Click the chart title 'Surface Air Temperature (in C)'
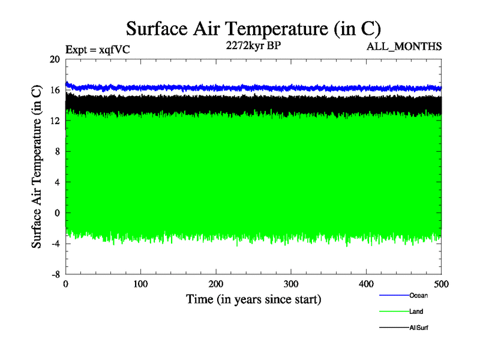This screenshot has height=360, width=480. tap(254, 28)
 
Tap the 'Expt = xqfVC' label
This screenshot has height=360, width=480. tap(98, 50)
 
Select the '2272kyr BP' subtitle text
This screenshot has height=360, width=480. tap(253, 46)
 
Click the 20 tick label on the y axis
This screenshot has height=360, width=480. tap(55, 59)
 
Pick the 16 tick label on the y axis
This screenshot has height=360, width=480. tap(55, 90)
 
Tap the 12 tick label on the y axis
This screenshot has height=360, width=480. tap(55, 121)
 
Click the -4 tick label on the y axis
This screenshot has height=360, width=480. tap(55, 243)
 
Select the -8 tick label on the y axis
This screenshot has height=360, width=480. tap(55, 274)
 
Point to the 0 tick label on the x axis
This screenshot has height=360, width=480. tap(66, 283)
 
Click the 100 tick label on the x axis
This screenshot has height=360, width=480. tap(141, 283)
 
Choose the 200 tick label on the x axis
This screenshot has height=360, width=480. tap(216, 283)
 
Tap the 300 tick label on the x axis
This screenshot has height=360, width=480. tap(291, 283)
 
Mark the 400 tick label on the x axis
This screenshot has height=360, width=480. tap(366, 283)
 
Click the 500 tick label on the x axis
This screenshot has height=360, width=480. tap(441, 283)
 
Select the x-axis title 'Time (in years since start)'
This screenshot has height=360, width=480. tap(253, 299)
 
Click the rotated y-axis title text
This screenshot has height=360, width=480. tap(37, 167)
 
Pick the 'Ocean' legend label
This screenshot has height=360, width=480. tap(418, 295)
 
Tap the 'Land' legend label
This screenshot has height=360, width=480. tap(416, 311)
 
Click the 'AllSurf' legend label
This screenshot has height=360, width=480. tap(419, 328)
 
